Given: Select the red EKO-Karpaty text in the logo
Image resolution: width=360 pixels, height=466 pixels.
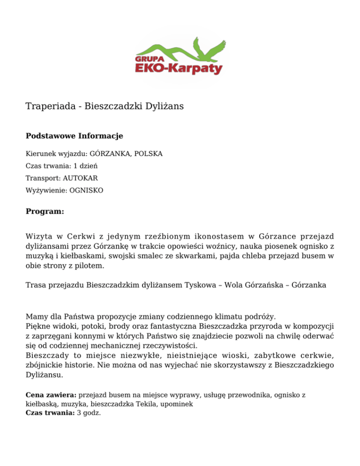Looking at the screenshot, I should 179,69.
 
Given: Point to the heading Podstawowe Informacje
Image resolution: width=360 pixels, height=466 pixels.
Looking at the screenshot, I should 74,136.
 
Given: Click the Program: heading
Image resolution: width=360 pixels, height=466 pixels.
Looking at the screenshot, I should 44,211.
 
